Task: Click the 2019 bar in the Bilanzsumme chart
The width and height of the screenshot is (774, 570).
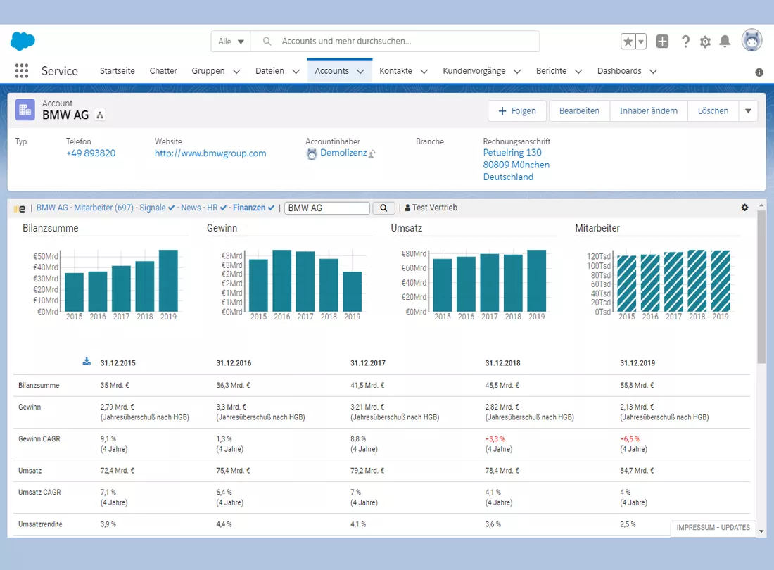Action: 168,280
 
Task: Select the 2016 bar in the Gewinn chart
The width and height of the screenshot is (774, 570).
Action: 282,280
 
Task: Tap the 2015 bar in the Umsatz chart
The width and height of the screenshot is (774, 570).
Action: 443,285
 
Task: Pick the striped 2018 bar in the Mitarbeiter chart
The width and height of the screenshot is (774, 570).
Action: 697,281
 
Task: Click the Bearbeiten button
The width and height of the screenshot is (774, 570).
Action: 579,111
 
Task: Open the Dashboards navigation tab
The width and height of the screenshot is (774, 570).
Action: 619,71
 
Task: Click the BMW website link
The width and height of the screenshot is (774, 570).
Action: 210,153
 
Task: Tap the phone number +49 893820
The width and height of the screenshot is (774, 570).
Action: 91,153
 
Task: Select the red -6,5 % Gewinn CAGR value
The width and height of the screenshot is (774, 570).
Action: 630,438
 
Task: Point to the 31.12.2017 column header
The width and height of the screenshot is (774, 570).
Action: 368,363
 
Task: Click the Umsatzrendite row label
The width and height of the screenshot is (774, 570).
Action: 41,524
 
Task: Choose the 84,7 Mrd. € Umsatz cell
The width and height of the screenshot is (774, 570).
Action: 637,471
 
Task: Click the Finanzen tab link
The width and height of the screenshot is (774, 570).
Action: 249,208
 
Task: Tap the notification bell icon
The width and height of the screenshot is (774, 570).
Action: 725,42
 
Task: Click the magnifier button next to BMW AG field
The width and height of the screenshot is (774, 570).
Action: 383,208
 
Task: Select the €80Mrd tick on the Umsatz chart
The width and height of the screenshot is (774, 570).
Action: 414,253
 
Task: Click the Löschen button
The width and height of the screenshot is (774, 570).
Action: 713,111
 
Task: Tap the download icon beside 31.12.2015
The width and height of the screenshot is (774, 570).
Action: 87,361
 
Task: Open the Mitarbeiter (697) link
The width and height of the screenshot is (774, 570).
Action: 103,208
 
